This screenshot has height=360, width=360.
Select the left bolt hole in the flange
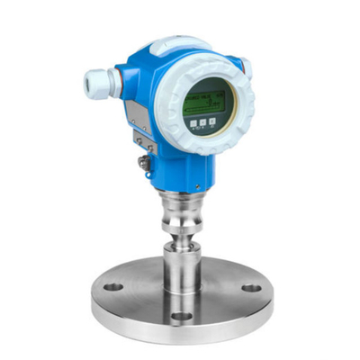pos(113,287)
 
